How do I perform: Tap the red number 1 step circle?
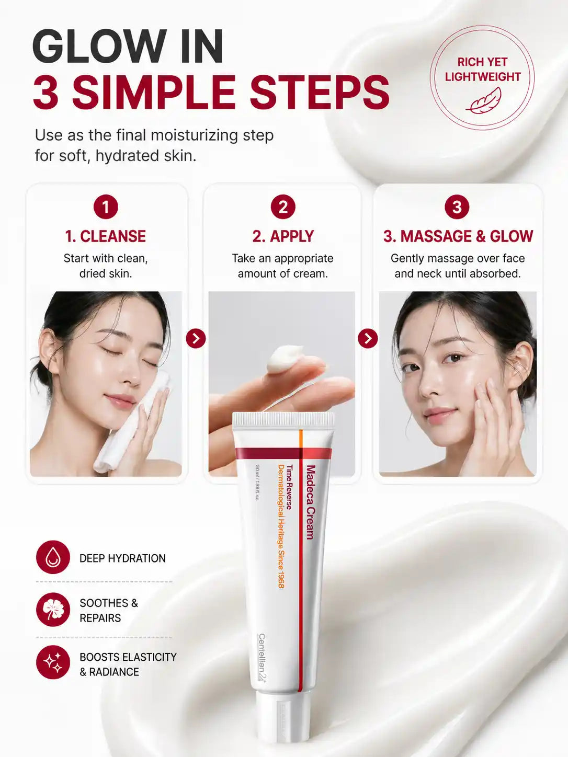[x=106, y=207]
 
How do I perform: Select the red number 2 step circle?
[x=283, y=207]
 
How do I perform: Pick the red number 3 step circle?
[x=457, y=207]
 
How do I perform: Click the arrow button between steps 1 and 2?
[x=196, y=338]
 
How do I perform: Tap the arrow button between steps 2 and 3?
[x=368, y=338]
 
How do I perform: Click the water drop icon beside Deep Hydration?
[x=53, y=557]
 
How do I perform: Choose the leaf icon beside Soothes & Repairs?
[x=53, y=610]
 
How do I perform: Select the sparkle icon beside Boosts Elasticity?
[x=53, y=662]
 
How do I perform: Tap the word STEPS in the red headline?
[x=320, y=92]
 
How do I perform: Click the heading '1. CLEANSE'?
[x=106, y=236]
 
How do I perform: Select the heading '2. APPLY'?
[x=283, y=236]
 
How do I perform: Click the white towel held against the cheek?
[x=133, y=422]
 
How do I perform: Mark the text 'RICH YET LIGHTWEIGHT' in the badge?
[x=482, y=70]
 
